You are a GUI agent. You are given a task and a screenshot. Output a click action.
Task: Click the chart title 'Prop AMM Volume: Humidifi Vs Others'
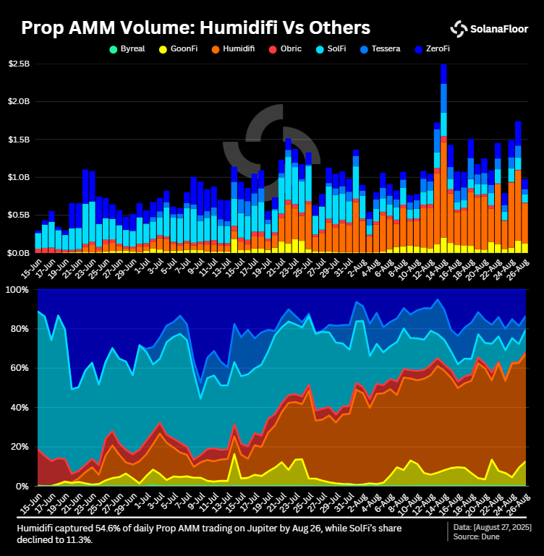pyautogui.click(x=195, y=28)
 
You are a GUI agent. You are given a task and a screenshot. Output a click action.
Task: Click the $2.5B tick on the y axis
pyautogui.click(x=19, y=64)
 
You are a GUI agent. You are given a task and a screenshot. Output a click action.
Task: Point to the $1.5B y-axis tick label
pyautogui.click(x=19, y=140)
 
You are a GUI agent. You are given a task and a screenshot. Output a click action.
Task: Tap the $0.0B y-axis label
pyautogui.click(x=19, y=253)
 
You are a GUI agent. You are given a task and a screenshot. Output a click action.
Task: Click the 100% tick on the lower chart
pyautogui.click(x=17, y=290)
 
